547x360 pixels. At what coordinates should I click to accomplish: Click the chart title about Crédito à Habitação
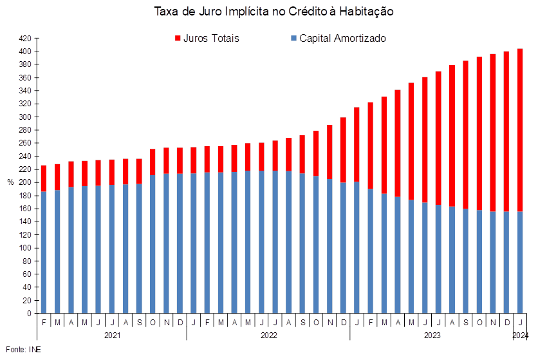pyautogui.click(x=274, y=12)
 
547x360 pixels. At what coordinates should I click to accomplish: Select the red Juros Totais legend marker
pyautogui.click(x=178, y=38)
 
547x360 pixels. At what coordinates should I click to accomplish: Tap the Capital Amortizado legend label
pyautogui.click(x=342, y=39)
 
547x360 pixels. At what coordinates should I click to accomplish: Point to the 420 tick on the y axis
pyautogui.click(x=26, y=39)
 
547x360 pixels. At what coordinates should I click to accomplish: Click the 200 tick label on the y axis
pyautogui.click(x=26, y=182)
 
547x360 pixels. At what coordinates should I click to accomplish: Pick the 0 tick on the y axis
pyautogui.click(x=30, y=314)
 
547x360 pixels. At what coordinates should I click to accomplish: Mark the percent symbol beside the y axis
pyautogui.click(x=10, y=182)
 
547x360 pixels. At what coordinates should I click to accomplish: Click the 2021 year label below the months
pyautogui.click(x=113, y=336)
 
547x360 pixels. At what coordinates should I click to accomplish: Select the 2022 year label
pyautogui.click(x=269, y=336)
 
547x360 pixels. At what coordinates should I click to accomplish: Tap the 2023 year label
pyautogui.click(x=432, y=336)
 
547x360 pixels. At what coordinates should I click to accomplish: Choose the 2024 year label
pyautogui.click(x=521, y=336)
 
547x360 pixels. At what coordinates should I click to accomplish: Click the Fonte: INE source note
pyautogui.click(x=23, y=350)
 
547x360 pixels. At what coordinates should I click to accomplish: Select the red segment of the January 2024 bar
pyautogui.click(x=520, y=130)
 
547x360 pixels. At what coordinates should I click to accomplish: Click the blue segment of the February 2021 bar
pyautogui.click(x=44, y=252)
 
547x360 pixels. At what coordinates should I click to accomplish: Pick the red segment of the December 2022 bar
pyautogui.click(x=343, y=150)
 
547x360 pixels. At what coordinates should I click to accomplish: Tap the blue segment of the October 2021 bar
pyautogui.click(x=153, y=245)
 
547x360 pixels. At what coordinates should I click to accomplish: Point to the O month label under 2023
pyautogui.click(x=479, y=323)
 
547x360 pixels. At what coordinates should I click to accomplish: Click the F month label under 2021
pyautogui.click(x=44, y=323)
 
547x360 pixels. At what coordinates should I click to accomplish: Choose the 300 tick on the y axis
pyautogui.click(x=26, y=117)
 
